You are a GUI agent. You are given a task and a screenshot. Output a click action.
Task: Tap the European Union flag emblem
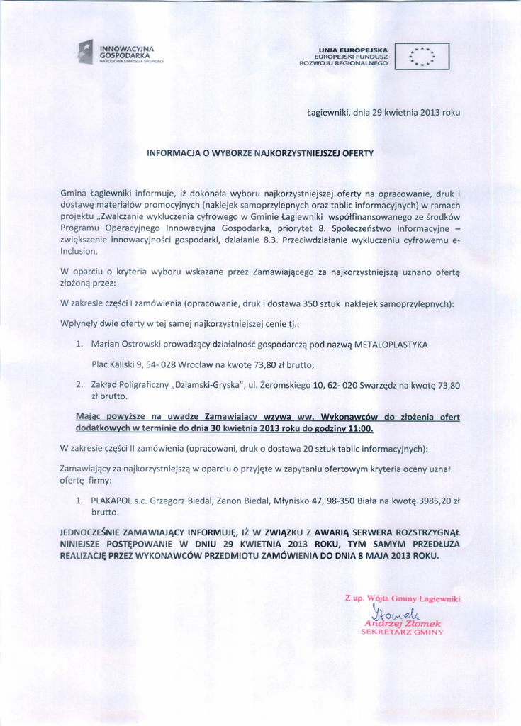click(x=427, y=55)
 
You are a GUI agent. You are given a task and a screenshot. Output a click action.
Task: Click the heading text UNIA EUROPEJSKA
click(x=353, y=48)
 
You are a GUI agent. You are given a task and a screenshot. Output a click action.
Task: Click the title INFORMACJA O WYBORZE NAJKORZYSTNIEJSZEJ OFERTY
click(x=259, y=152)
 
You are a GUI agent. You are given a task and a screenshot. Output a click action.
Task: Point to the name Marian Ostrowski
click(x=125, y=344)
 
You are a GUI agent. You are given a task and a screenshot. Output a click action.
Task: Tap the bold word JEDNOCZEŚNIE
click(x=94, y=530)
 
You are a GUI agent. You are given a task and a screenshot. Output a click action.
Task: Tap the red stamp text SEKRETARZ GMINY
click(x=401, y=631)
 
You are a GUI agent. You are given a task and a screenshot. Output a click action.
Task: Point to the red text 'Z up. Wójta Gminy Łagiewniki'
click(x=403, y=598)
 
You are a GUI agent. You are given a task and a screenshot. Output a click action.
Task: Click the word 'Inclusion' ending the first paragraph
click(x=79, y=251)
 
